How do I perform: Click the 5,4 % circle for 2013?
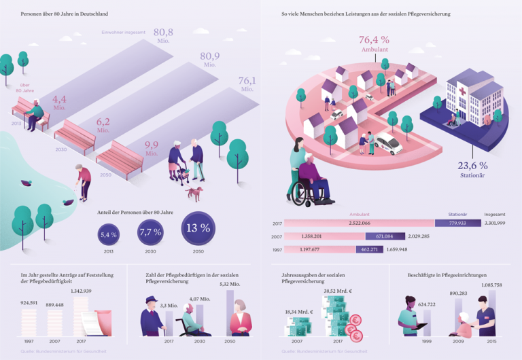coord(109,234)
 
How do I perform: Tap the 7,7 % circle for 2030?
coord(151,232)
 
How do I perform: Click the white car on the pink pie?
coord(387,144)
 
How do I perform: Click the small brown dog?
coord(195,193)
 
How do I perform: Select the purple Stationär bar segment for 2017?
coord(457,223)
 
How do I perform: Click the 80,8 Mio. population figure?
coord(163,33)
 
